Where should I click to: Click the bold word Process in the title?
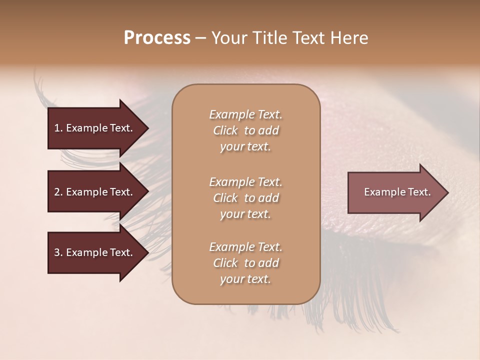[157, 38]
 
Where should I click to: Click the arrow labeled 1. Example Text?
[95, 128]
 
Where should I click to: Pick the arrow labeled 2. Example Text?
[95, 192]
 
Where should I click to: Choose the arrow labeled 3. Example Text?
[95, 252]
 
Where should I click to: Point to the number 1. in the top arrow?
[58, 128]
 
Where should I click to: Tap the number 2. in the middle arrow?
[58, 192]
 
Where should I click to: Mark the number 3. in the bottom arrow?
[58, 252]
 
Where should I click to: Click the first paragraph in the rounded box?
[245, 130]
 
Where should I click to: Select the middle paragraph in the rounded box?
[245, 197]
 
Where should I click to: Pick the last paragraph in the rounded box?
[245, 263]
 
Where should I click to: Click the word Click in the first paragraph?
[225, 130]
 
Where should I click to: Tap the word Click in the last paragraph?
[225, 263]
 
